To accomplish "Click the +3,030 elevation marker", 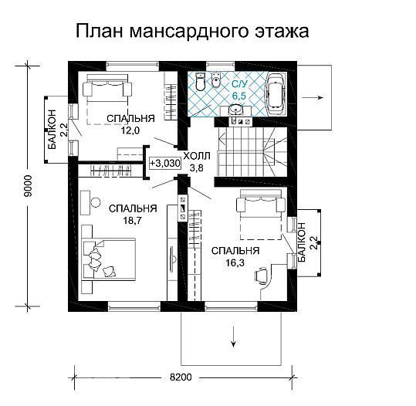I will [164, 163].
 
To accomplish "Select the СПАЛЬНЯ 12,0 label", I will [130, 123].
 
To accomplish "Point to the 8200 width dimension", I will [182, 377].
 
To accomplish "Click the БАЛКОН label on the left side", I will [52, 127].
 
